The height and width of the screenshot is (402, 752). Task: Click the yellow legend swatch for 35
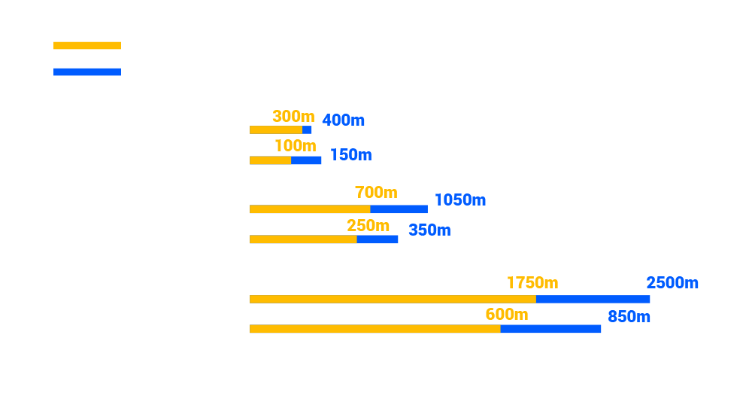[x=87, y=45]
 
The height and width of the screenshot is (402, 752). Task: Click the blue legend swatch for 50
[x=87, y=72]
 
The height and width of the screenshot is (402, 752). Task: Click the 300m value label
[x=293, y=117]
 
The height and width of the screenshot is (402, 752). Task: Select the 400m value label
[x=343, y=120]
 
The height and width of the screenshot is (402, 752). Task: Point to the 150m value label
[x=350, y=155]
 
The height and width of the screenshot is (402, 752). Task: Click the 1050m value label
[x=460, y=200]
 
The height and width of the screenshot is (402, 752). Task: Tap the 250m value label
[x=368, y=226]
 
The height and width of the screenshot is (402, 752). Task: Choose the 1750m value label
[x=532, y=283]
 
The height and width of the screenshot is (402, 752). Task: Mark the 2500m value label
[x=672, y=283]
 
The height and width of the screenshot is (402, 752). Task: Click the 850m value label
[x=629, y=317]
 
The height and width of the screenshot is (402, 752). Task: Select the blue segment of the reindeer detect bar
[x=593, y=299]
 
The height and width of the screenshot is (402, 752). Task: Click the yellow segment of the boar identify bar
[x=303, y=239]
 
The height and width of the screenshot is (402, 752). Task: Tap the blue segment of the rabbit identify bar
[x=306, y=160]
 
